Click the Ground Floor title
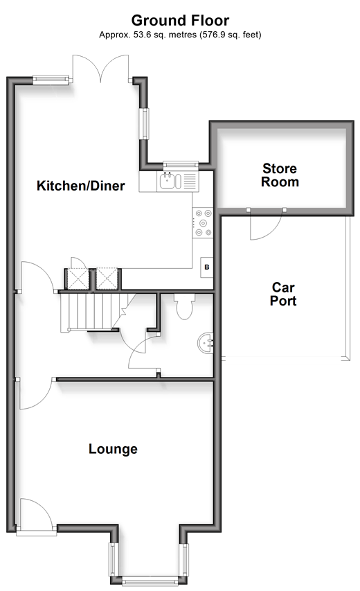(x=180, y=20)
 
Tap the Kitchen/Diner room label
(x=80, y=186)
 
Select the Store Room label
(x=280, y=175)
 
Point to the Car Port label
(x=283, y=294)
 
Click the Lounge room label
(x=113, y=449)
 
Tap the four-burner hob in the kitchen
(x=203, y=223)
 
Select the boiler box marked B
(x=207, y=267)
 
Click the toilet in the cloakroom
(x=184, y=306)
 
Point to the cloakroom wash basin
(x=206, y=344)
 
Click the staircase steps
(x=91, y=312)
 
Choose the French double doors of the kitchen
(x=101, y=68)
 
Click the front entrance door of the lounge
(x=36, y=515)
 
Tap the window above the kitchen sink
(x=181, y=164)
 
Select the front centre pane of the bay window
(x=150, y=581)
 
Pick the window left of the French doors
(x=51, y=79)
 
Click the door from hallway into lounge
(x=36, y=393)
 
